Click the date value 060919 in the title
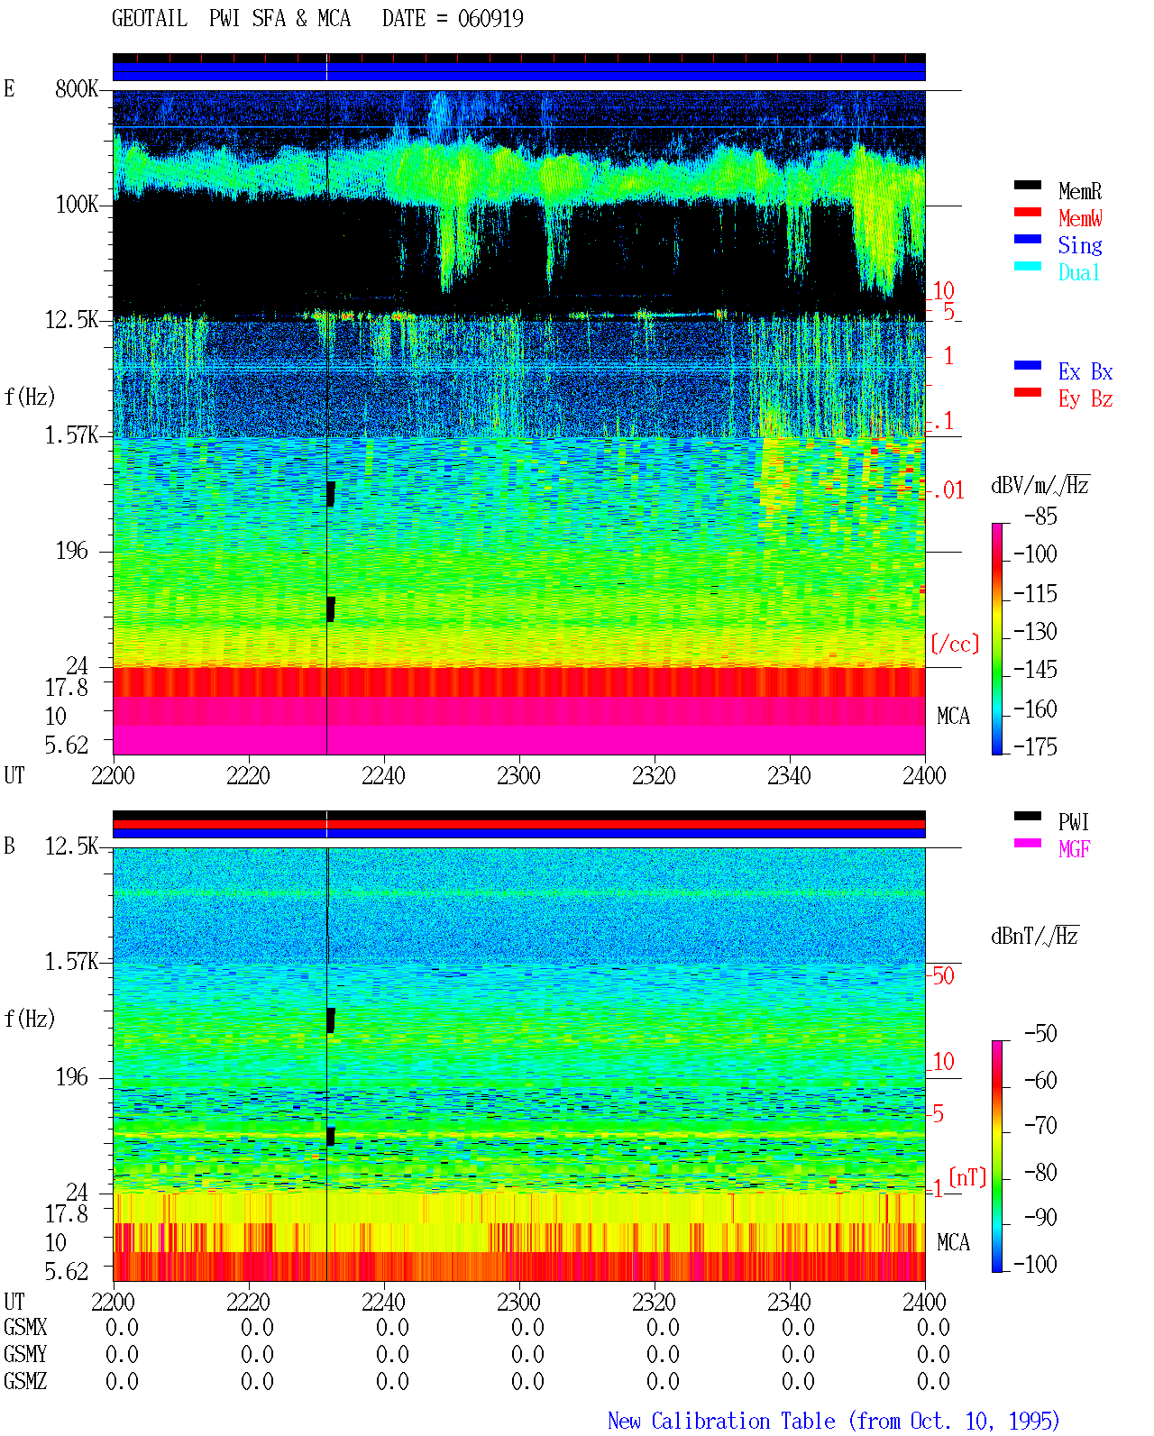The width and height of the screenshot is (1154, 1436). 490,19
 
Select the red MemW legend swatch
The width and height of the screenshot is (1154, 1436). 1027,212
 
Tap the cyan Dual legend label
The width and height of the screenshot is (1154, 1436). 1079,272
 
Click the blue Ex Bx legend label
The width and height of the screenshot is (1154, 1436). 1085,371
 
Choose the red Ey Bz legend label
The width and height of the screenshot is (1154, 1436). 1085,399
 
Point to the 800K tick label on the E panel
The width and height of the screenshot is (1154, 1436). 77,88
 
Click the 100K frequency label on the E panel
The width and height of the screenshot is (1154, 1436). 77,205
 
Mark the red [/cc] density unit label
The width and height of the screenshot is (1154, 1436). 955,644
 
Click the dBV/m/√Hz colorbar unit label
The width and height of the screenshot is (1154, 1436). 1040,485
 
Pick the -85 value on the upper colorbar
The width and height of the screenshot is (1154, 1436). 1040,516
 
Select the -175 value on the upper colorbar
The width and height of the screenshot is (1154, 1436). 1035,746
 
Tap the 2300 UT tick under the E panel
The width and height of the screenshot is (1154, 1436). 518,775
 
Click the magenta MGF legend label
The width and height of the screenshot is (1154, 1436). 1074,849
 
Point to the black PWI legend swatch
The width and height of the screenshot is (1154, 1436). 1027,816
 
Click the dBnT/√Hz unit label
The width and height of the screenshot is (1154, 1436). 1035,937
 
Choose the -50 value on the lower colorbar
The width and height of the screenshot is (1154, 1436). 1040,1034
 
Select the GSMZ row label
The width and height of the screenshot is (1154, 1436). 25,1381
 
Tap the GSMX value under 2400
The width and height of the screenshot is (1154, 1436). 933,1327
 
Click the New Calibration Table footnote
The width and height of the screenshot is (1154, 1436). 834,1421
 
